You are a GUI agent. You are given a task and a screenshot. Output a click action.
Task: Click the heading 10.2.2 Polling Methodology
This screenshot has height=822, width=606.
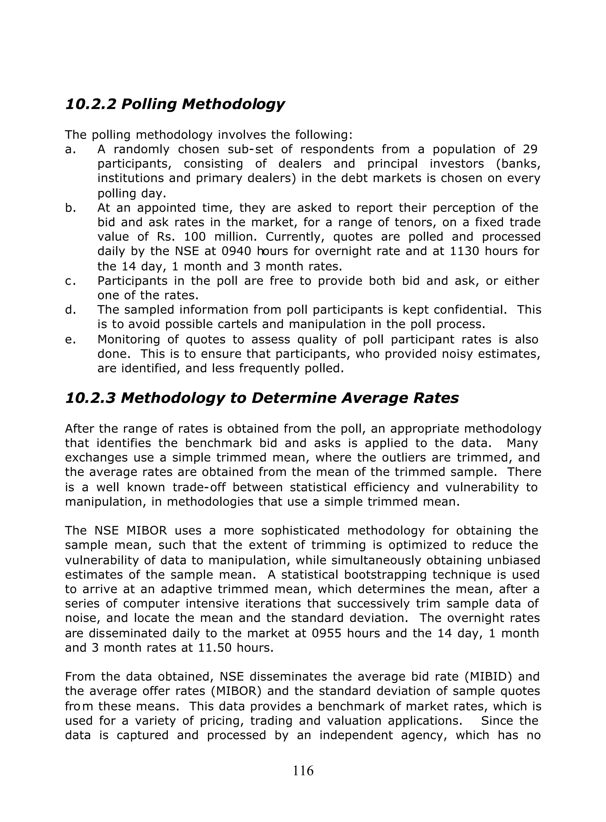pyautogui.click(x=175, y=104)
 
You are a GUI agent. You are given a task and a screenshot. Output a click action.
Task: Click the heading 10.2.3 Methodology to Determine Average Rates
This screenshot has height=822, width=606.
pyautogui.click(x=262, y=398)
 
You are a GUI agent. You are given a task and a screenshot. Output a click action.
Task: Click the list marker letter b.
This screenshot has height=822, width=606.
pyautogui.click(x=70, y=208)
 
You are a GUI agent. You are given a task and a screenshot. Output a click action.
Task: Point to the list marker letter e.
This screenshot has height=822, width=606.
pyautogui.click(x=70, y=340)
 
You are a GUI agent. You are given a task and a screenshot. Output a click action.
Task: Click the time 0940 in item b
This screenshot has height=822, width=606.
pyautogui.click(x=235, y=251)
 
